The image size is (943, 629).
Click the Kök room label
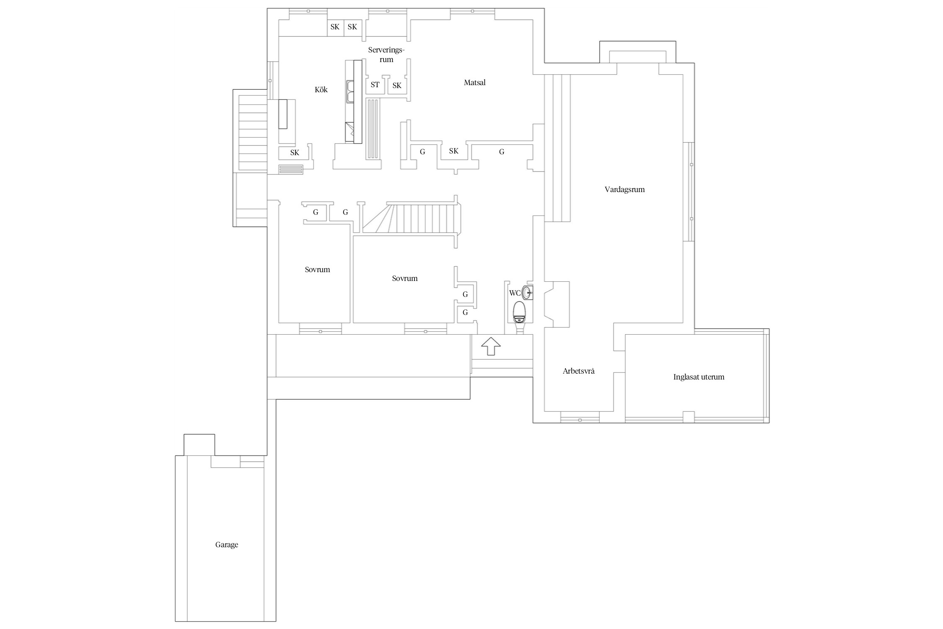[321, 90]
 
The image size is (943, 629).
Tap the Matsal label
[474, 83]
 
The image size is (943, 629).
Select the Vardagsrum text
[624, 190]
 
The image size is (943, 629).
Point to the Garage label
[226, 545]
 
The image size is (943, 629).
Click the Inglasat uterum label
[699, 377]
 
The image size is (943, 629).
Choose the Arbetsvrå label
[578, 371]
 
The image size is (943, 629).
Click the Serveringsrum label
[386, 55]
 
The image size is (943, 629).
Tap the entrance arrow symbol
[491, 346]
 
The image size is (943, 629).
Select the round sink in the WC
[527, 292]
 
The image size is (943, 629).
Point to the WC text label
[515, 293]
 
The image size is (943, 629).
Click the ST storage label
[375, 85]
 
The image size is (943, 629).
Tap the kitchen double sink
[350, 92]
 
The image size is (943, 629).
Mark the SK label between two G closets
[453, 151]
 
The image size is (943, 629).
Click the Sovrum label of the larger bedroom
[404, 278]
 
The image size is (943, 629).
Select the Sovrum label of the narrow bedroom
[317, 270]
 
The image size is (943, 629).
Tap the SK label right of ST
[397, 86]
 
